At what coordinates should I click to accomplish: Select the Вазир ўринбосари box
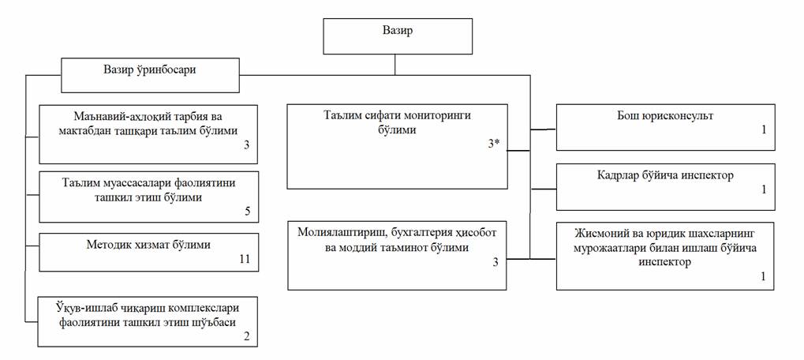pyautogui.click(x=149, y=69)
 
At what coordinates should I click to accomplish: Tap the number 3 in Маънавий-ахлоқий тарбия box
pyautogui.click(x=245, y=144)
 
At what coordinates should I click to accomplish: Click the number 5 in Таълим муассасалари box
pyautogui.click(x=246, y=212)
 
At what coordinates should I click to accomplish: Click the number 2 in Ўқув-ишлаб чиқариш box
pyautogui.click(x=246, y=336)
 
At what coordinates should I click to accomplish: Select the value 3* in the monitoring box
pyautogui.click(x=493, y=144)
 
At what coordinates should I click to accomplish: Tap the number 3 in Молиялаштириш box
pyautogui.click(x=495, y=261)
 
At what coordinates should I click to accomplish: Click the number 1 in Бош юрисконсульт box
pyautogui.click(x=763, y=129)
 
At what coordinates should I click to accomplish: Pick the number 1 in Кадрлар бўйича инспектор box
pyautogui.click(x=763, y=189)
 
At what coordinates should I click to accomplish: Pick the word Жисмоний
pyautogui.click(x=604, y=234)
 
